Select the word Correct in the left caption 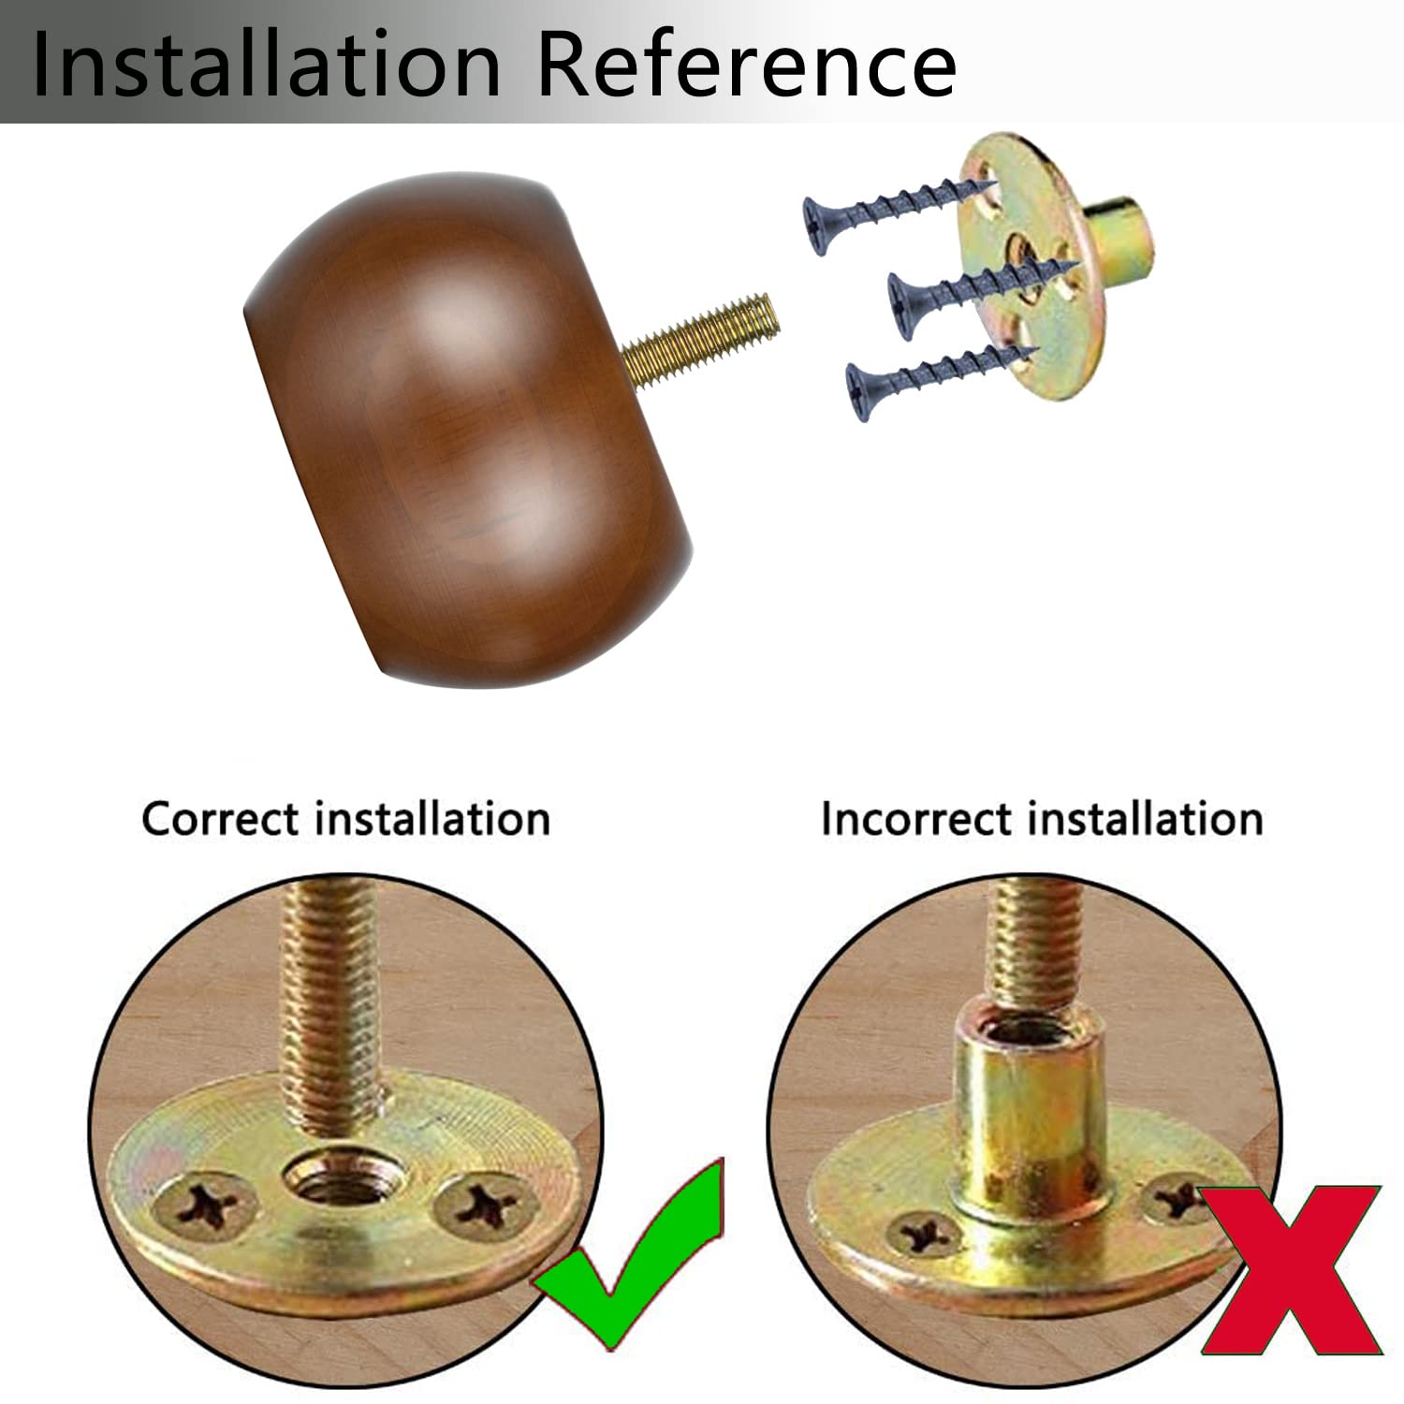click(225, 819)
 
